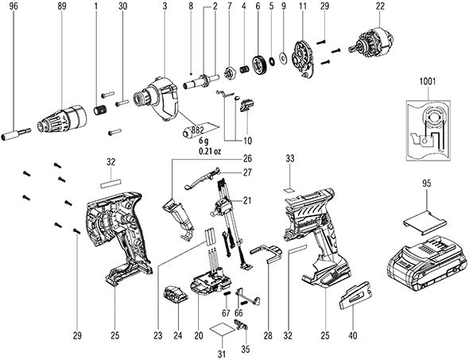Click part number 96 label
pos(14,6)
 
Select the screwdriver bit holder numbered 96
pos(16,133)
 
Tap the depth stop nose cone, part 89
pos(61,118)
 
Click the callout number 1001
pos(428,82)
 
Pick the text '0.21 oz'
pos(210,152)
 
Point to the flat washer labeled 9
pos(282,56)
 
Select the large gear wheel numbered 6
pos(259,64)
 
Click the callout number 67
pos(226,313)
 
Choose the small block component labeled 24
pos(175,295)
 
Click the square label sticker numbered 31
pos(223,330)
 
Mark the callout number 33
pos(289,158)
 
